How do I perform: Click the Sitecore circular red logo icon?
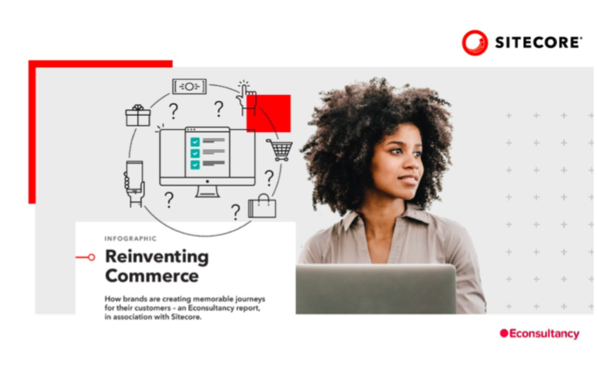click(x=474, y=43)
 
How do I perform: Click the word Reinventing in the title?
click(x=157, y=257)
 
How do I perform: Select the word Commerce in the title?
click(x=152, y=276)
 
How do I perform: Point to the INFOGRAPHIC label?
click(x=131, y=238)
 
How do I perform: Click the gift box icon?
click(x=138, y=115)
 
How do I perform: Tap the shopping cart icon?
click(x=280, y=150)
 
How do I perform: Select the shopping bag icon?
click(x=263, y=206)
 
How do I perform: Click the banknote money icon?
click(x=189, y=87)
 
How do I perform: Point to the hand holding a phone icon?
click(x=135, y=184)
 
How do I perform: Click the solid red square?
click(x=268, y=114)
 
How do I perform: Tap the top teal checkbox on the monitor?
click(x=195, y=141)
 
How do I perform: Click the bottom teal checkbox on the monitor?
click(x=195, y=165)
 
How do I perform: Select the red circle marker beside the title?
click(x=91, y=258)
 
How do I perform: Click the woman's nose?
click(x=412, y=162)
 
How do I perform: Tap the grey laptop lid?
click(x=376, y=289)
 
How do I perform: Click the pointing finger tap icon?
click(x=246, y=98)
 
